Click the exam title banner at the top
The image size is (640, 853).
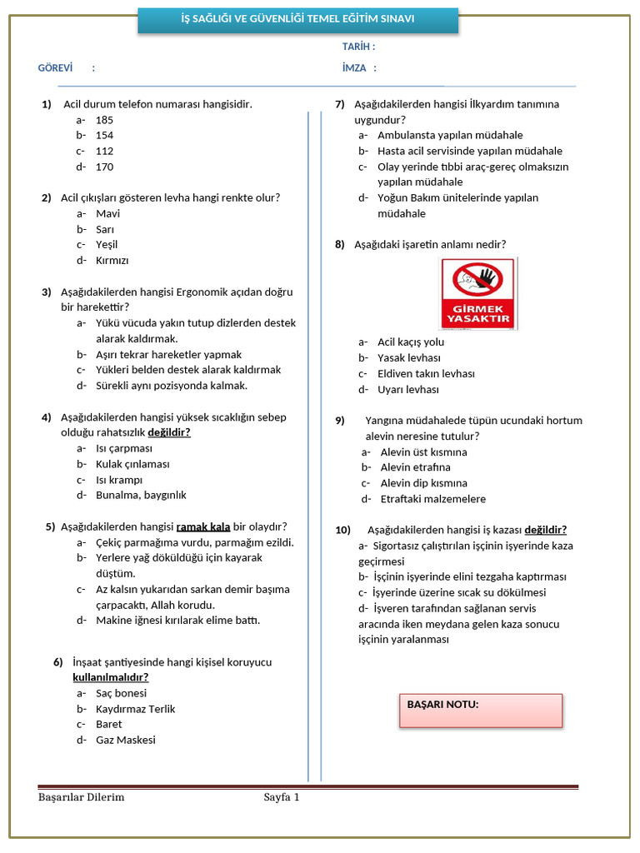297,19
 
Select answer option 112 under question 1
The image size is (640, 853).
104,151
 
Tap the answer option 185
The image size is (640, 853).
104,120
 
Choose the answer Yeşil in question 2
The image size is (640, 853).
107,244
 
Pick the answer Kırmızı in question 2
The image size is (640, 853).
112,260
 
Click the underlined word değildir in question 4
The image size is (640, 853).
169,432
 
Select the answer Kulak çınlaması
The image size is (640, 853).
132,464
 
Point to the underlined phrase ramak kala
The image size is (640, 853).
203,526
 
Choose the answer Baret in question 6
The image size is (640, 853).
108,724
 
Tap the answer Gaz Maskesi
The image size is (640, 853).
126,740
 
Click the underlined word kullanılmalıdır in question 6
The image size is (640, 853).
111,677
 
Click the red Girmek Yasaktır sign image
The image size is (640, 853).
477,293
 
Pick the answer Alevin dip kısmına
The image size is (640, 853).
423,483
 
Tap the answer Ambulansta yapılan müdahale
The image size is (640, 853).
450,135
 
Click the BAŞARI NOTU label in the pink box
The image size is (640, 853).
442,704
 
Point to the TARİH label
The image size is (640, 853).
358,47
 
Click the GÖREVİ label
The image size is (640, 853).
56,67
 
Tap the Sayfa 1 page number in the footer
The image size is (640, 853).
281,797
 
